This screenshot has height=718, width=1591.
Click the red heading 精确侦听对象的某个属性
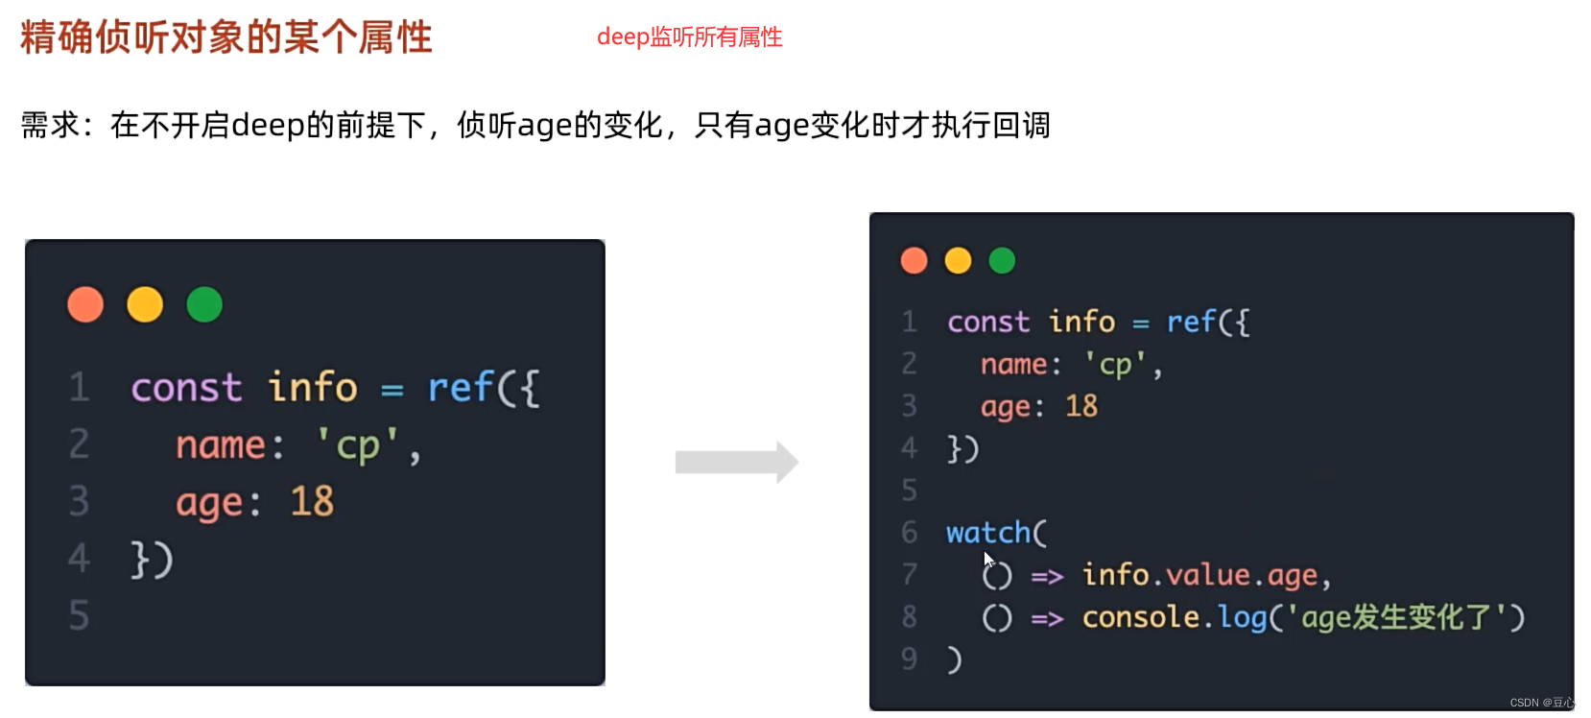pyautogui.click(x=226, y=37)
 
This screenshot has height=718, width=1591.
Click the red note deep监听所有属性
pyautogui.click(x=689, y=37)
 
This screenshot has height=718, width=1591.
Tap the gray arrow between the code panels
pyautogui.click(x=736, y=463)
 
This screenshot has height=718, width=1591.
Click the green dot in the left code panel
pyautogui.click(x=204, y=305)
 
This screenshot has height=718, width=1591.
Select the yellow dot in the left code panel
pyautogui.click(x=145, y=305)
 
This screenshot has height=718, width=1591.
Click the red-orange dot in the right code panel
pyautogui.click(x=914, y=260)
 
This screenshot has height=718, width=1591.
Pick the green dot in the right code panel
pyautogui.click(x=1002, y=260)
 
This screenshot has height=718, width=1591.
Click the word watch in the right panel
pyautogui.click(x=988, y=533)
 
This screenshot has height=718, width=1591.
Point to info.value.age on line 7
pyautogui.click(x=1199, y=575)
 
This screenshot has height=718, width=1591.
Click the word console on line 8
pyautogui.click(x=1140, y=617)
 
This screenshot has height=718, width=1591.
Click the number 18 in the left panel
pyautogui.click(x=312, y=501)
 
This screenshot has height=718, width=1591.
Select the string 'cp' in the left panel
pyautogui.click(x=358, y=445)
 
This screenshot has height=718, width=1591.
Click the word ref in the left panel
pyautogui.click(x=460, y=388)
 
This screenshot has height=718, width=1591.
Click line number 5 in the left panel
pyautogui.click(x=79, y=615)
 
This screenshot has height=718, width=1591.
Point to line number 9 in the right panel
pyautogui.click(x=909, y=658)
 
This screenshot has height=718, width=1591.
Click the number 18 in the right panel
pyautogui.click(x=1081, y=406)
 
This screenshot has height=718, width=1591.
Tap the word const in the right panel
pyautogui.click(x=988, y=322)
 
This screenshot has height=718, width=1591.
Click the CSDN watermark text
pyautogui.click(x=1541, y=703)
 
